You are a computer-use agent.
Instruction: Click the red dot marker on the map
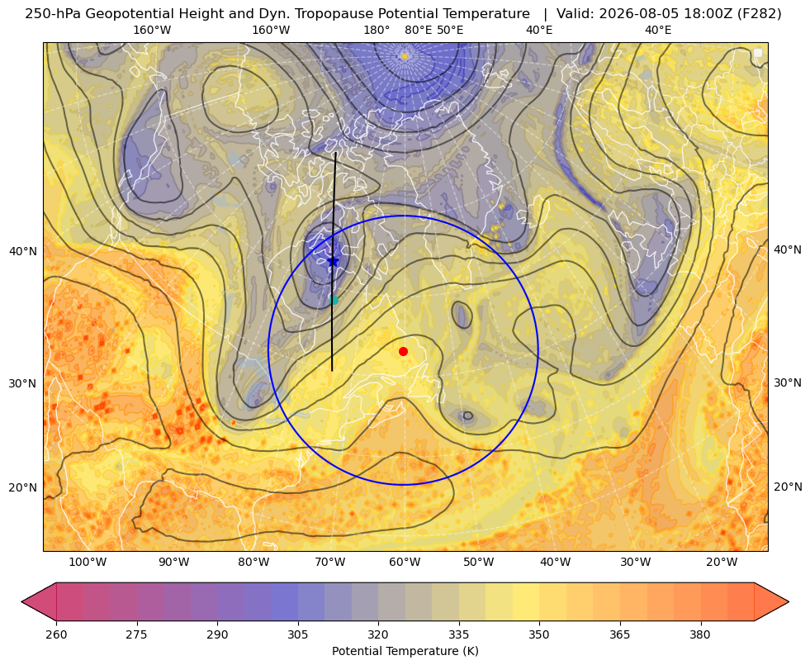pos(404,351)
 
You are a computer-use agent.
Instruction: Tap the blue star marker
pos(333,261)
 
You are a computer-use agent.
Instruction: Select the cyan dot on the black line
pos(334,300)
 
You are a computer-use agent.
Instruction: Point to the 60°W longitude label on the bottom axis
pos(405,563)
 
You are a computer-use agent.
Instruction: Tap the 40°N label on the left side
pos(23,252)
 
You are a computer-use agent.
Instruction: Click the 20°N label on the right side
pos(788,487)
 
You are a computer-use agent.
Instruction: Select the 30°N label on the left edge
pos(23,384)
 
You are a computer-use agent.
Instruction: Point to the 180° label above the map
pos(377,30)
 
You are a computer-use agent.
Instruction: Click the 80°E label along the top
pos(419,30)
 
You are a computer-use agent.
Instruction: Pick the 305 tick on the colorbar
pos(297,634)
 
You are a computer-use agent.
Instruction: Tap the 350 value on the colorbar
pos(539,634)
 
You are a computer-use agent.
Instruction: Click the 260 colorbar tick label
pos(56,634)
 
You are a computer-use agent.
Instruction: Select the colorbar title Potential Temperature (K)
pos(405,651)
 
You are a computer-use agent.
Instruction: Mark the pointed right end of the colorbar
pos(788,601)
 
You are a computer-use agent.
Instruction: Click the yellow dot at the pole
pos(405,56)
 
